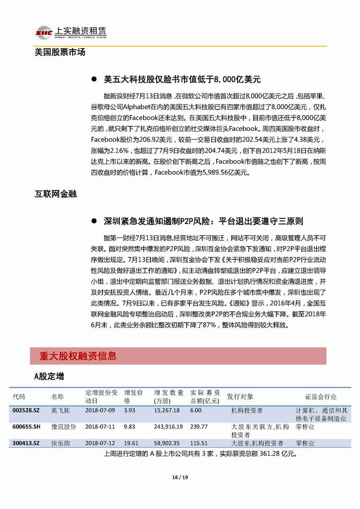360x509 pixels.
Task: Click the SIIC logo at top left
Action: pos(44,32)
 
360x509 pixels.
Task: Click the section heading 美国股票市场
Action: pos(60,52)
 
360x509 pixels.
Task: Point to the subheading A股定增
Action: pos(49,377)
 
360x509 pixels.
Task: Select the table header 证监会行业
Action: pos(321,397)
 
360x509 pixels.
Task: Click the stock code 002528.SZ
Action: pos(25,410)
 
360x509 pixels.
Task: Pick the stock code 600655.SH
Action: pos(26,426)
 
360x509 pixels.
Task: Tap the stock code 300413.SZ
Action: pos(25,443)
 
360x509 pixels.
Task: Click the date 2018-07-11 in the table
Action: pos(100,426)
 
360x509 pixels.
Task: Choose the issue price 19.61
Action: pos(131,443)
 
